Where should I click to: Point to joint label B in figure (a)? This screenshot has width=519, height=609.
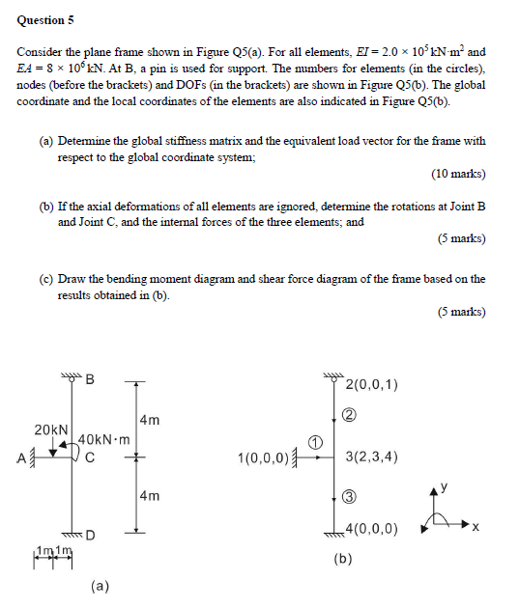point(90,379)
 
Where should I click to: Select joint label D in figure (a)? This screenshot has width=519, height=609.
point(90,534)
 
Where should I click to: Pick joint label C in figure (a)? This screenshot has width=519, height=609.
point(89,457)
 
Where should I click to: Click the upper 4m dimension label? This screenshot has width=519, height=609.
point(149,420)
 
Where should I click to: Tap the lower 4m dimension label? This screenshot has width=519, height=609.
point(149,496)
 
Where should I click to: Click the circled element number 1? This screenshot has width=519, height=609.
point(314,441)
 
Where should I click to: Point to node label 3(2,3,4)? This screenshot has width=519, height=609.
point(371,457)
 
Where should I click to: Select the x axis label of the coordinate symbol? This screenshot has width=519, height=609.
point(476,529)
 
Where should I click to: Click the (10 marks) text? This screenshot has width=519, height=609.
point(458,175)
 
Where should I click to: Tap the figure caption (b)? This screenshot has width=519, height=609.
point(342,558)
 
